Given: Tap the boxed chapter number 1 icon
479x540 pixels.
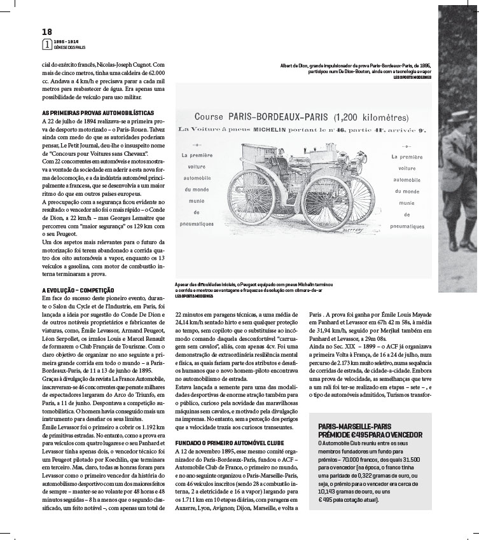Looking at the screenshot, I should [46, 45].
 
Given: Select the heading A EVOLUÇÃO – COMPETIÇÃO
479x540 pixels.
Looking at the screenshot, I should [74, 289].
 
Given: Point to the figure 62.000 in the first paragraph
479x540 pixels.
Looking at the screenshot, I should [155, 73].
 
